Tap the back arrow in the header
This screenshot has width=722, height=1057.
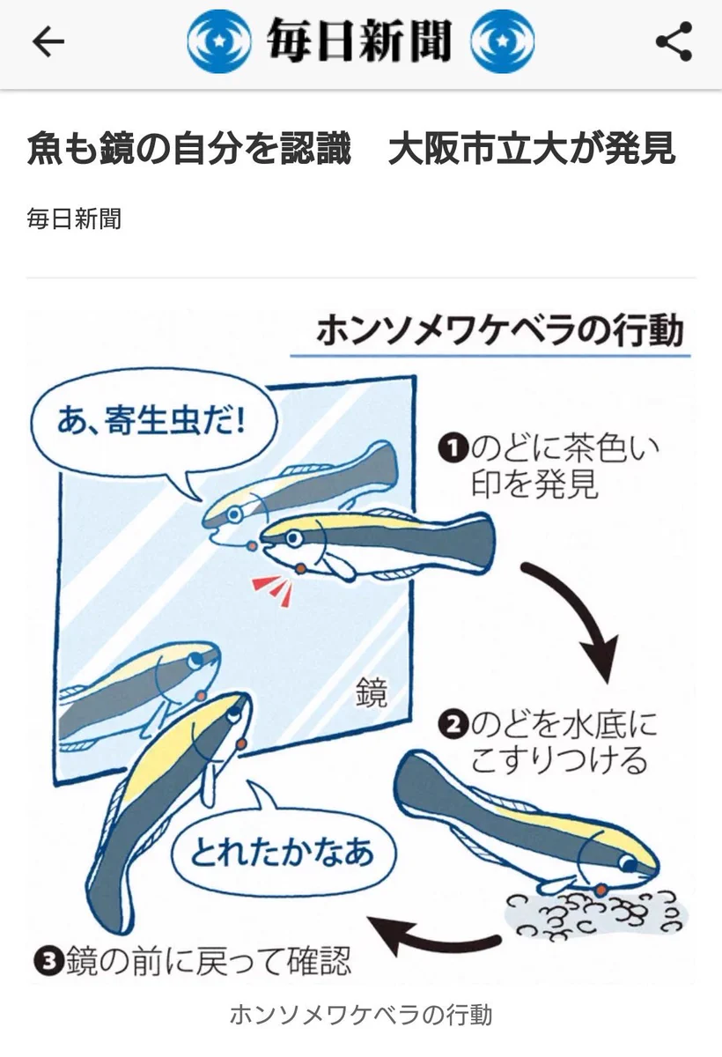48,41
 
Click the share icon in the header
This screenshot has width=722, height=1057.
674,41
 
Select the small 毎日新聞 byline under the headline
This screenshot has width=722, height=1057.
74,218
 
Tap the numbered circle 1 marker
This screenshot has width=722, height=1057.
452,450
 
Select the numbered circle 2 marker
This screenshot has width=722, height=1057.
452,727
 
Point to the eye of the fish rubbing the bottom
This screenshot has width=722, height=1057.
630,864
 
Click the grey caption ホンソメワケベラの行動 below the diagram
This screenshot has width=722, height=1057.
360,1014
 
